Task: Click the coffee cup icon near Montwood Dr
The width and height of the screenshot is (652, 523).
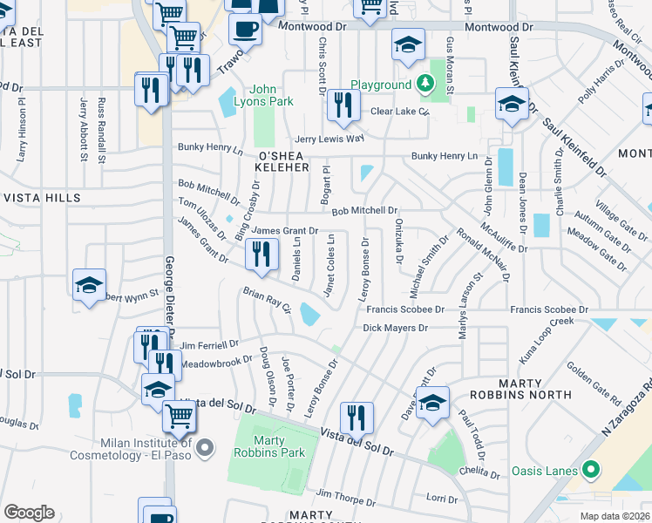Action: (245, 28)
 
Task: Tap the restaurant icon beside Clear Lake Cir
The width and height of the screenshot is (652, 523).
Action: (343, 105)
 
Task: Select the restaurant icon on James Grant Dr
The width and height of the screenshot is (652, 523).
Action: (261, 254)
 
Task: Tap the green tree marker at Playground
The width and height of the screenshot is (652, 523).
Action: (424, 85)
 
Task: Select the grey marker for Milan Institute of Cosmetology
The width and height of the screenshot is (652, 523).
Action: (205, 449)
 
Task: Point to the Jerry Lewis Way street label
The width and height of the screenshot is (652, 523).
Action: (329, 139)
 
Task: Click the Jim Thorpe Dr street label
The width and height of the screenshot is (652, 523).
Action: (346, 498)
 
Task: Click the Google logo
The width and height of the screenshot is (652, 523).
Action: (30, 512)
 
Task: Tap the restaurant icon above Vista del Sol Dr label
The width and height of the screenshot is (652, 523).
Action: (356, 418)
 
